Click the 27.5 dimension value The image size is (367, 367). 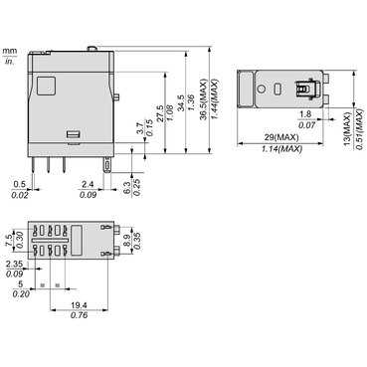(160, 113)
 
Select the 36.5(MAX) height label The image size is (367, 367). (204, 99)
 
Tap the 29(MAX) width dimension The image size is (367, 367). (281, 137)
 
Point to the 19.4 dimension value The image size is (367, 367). (80, 305)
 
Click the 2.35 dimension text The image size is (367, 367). (14, 264)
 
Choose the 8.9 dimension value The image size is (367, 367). (126, 241)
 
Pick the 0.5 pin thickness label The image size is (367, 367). (20, 184)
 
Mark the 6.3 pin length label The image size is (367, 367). (127, 188)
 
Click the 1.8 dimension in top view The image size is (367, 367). (305, 114)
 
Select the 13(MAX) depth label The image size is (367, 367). (347, 129)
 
